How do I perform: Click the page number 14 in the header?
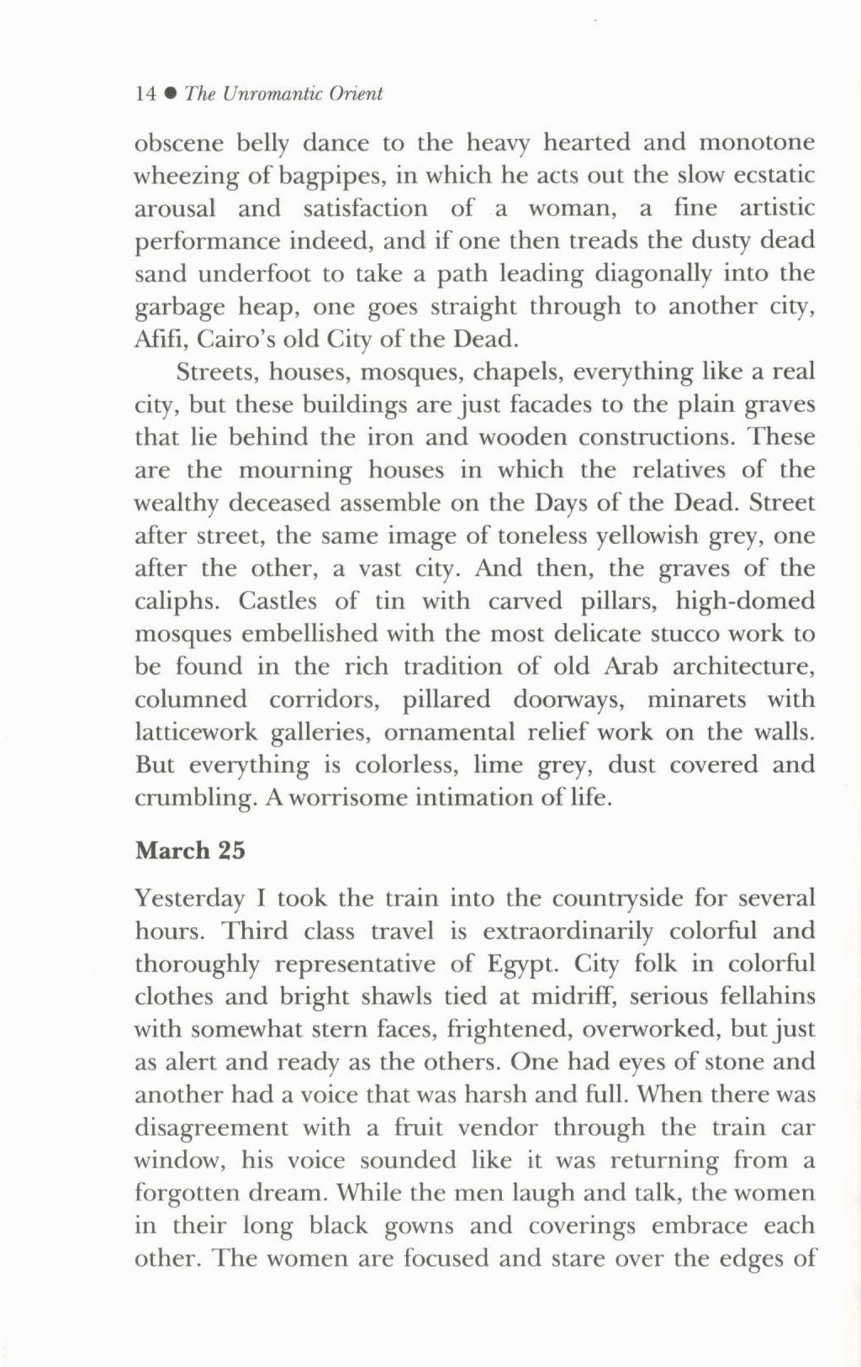(x=145, y=94)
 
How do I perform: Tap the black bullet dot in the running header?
(x=171, y=94)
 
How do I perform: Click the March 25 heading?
(x=190, y=851)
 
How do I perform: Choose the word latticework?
(x=196, y=732)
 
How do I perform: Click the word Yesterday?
(x=189, y=899)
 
